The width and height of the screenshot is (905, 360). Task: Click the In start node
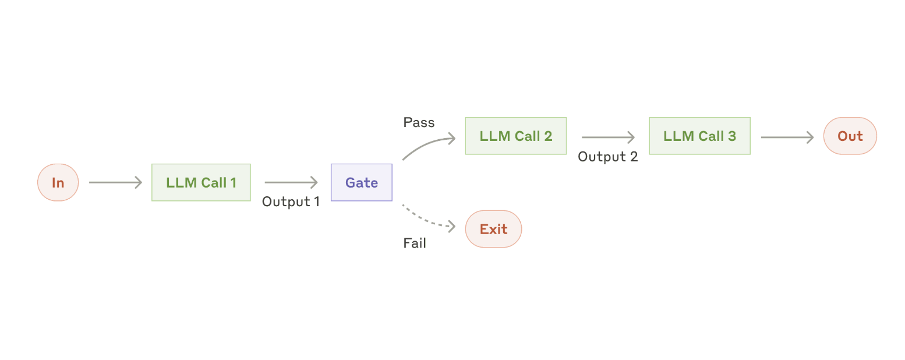click(x=58, y=182)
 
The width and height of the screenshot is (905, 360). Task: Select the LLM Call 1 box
click(x=201, y=182)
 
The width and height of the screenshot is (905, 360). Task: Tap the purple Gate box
click(x=361, y=182)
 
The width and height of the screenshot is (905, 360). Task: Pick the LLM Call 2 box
click(x=515, y=136)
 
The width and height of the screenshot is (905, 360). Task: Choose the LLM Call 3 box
click(x=699, y=136)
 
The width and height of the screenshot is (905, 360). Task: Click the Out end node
click(x=850, y=136)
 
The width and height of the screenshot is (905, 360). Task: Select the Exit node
click(x=493, y=229)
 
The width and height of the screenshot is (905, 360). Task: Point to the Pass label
click(x=419, y=122)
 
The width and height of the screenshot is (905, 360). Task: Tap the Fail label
click(x=415, y=243)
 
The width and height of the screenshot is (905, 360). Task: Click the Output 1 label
click(x=291, y=202)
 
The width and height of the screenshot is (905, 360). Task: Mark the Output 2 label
click(x=607, y=157)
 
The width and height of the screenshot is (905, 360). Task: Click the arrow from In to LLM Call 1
click(x=115, y=182)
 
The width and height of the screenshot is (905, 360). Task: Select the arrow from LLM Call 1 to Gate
click(x=291, y=182)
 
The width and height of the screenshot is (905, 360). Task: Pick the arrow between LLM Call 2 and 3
click(x=608, y=137)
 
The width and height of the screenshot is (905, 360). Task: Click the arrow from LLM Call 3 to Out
click(x=787, y=137)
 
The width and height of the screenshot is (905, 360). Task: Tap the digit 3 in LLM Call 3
click(x=732, y=136)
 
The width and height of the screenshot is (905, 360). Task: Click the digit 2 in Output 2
click(x=634, y=156)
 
